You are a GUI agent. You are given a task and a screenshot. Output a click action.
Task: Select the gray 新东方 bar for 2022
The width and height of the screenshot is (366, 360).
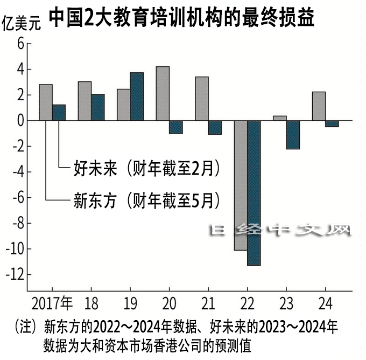[240, 185]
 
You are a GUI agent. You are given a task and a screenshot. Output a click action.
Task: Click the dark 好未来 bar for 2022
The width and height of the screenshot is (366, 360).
[254, 193]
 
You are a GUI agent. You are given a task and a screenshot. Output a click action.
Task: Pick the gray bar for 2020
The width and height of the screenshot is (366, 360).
[163, 94]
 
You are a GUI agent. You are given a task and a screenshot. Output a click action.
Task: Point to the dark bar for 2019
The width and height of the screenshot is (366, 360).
[137, 96]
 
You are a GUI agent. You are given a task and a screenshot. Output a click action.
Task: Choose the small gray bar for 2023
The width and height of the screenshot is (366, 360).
[280, 118]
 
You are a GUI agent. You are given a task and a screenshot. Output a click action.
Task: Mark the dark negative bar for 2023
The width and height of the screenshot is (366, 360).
[293, 135]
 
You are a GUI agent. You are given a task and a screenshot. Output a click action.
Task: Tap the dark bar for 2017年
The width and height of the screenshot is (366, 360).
[59, 113]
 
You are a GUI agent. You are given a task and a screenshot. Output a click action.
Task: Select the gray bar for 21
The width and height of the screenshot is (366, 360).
[202, 99]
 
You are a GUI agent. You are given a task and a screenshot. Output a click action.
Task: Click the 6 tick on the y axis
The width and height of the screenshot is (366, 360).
[21, 44]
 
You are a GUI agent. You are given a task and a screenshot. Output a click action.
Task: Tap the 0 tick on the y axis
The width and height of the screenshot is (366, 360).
[21, 121]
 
